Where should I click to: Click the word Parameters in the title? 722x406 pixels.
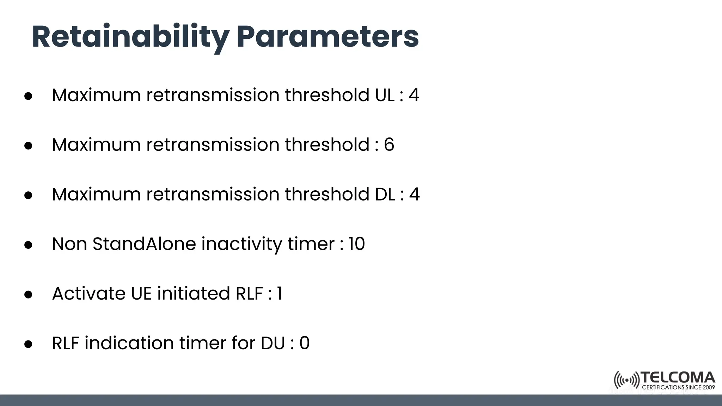point(328,37)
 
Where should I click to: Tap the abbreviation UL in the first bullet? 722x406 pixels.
point(385,95)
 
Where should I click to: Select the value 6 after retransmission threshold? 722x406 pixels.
point(389,145)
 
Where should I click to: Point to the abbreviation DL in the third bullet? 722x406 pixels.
point(385,195)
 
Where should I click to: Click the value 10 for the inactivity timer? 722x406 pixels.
point(356,244)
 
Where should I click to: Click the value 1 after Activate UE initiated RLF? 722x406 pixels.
point(280,294)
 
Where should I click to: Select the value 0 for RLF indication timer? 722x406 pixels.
point(304,343)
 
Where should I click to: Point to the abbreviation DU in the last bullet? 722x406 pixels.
point(273,343)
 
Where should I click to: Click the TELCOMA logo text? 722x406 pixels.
point(678,378)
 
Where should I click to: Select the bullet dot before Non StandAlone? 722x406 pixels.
point(29,245)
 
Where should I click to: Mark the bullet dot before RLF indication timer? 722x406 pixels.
point(29,344)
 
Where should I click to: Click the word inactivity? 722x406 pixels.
point(241,244)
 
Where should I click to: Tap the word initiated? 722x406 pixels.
point(193,294)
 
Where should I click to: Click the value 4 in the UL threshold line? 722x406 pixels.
point(414,95)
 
